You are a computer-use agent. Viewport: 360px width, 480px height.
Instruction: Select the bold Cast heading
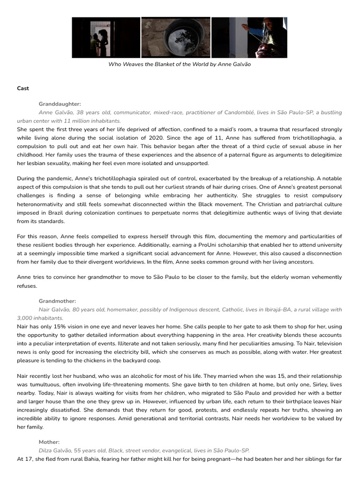(23, 88)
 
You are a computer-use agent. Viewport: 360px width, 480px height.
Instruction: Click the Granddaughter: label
(60, 104)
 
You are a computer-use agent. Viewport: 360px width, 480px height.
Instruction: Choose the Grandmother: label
(57, 301)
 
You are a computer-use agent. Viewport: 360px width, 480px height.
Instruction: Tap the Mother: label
(49, 442)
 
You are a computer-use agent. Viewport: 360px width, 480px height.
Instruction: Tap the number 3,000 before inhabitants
(25, 318)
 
